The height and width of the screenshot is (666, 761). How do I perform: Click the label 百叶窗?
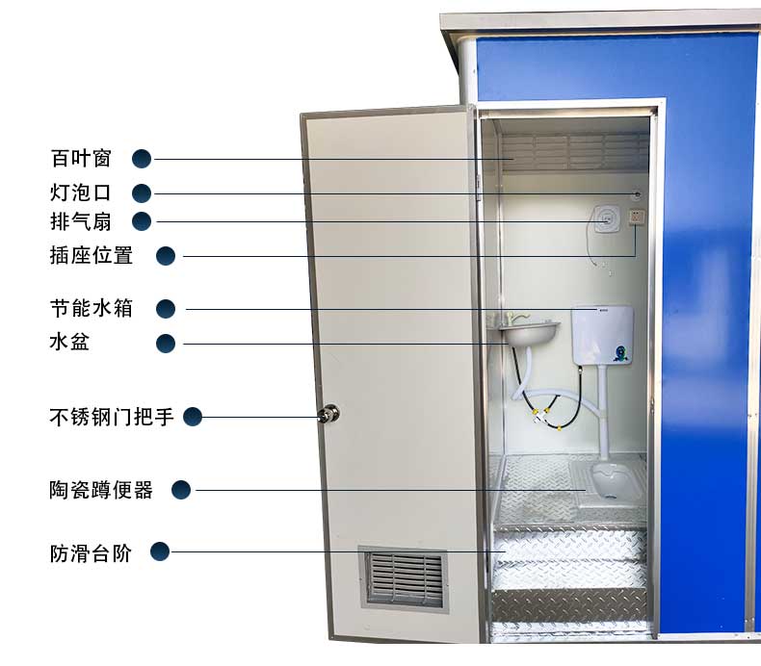pos(81,159)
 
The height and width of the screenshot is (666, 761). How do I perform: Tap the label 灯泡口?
pos(81,192)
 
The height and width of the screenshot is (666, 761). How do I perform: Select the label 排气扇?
pos(81,222)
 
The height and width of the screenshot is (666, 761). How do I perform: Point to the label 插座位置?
pos(92,256)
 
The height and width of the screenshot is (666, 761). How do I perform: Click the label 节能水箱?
pos(92,309)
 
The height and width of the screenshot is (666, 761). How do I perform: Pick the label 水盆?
pos(69,342)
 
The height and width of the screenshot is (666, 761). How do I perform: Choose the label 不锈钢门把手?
pos(112,417)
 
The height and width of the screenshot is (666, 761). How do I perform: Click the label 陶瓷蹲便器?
pos(101,490)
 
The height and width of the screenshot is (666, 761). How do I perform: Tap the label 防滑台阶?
pos(91,552)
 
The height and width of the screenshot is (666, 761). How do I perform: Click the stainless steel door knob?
pos(330,415)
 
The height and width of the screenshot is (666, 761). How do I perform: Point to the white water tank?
pos(601,335)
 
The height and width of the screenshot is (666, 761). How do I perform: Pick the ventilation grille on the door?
pos(406,578)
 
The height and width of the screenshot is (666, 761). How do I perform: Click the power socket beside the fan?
pos(637,218)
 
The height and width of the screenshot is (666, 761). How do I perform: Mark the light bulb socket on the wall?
pos(636,195)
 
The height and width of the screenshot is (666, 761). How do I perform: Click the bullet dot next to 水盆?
pos(166,343)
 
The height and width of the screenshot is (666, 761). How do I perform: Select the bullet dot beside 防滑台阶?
pos(160,551)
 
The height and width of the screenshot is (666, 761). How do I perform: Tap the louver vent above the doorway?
pos(574,151)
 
